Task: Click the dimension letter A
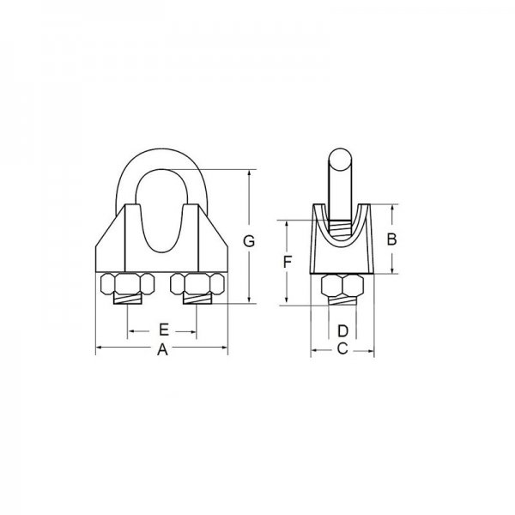(162, 350)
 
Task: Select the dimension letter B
(391, 239)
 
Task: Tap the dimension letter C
(342, 348)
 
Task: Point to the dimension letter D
(342, 331)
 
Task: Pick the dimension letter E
(164, 330)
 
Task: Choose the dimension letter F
(288, 262)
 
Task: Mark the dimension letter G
(249, 241)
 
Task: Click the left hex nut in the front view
(127, 284)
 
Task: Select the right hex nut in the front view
(197, 284)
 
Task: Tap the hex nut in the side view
(342, 285)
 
